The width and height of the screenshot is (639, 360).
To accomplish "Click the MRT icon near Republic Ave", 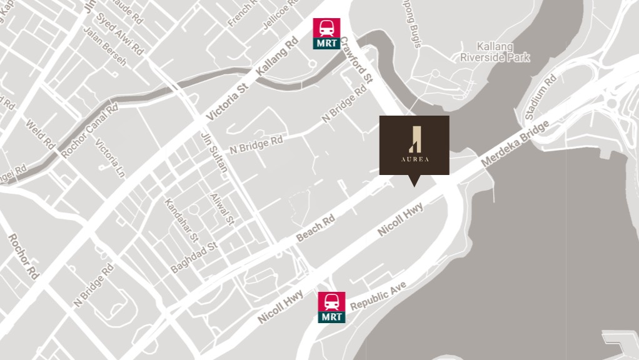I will (331, 307).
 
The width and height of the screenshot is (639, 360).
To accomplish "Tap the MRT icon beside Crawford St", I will (326, 33).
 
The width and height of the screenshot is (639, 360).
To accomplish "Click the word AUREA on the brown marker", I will (415, 159).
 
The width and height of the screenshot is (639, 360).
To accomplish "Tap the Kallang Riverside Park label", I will (495, 52).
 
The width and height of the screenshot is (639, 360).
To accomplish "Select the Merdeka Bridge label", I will (515, 143).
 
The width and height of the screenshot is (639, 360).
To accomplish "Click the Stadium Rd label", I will (541, 97).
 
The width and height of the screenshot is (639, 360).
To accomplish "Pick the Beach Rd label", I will (316, 228).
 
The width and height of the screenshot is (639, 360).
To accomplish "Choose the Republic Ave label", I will (378, 296).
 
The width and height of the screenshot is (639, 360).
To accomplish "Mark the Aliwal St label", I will (222, 209).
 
